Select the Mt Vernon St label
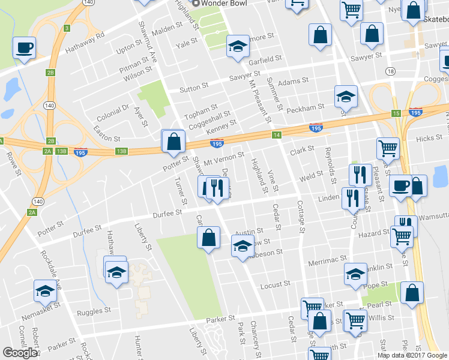click(223, 158)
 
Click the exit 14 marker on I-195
click(276, 135)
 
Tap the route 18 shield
click(391, 71)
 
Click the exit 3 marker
click(67, 28)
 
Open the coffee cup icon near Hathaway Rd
click(24, 47)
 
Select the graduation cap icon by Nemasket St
click(45, 291)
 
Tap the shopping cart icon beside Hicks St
click(388, 148)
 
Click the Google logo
click(20, 353)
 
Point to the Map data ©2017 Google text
click(412, 355)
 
